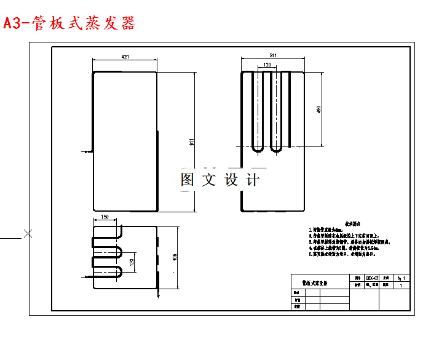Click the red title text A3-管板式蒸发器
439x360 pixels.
[69, 23]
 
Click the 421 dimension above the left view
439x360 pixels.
[125, 57]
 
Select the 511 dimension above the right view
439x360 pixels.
[273, 56]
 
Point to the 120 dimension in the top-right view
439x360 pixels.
[267, 64]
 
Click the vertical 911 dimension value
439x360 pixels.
[192, 141]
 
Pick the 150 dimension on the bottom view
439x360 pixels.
[105, 217]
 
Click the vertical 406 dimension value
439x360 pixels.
[174, 257]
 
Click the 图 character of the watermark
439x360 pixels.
[188, 180]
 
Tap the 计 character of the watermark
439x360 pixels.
[252, 180]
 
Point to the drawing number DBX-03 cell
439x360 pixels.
[373, 278]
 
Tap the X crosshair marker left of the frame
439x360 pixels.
[28, 233]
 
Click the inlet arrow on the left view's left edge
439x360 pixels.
[85, 150]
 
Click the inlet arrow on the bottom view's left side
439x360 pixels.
[86, 278]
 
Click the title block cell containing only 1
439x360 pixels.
[401, 286]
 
